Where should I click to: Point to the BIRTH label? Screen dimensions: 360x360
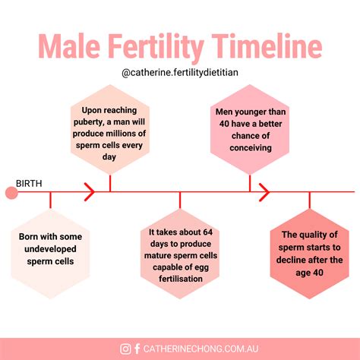(x=30, y=183)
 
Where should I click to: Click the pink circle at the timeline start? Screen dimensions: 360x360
(x=11, y=193)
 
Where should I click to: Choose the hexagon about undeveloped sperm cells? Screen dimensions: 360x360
(x=51, y=248)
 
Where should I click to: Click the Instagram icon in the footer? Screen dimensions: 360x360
(x=125, y=349)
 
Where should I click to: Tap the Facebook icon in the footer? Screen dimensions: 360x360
(x=137, y=349)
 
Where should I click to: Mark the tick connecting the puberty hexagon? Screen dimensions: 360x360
(x=110, y=183)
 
